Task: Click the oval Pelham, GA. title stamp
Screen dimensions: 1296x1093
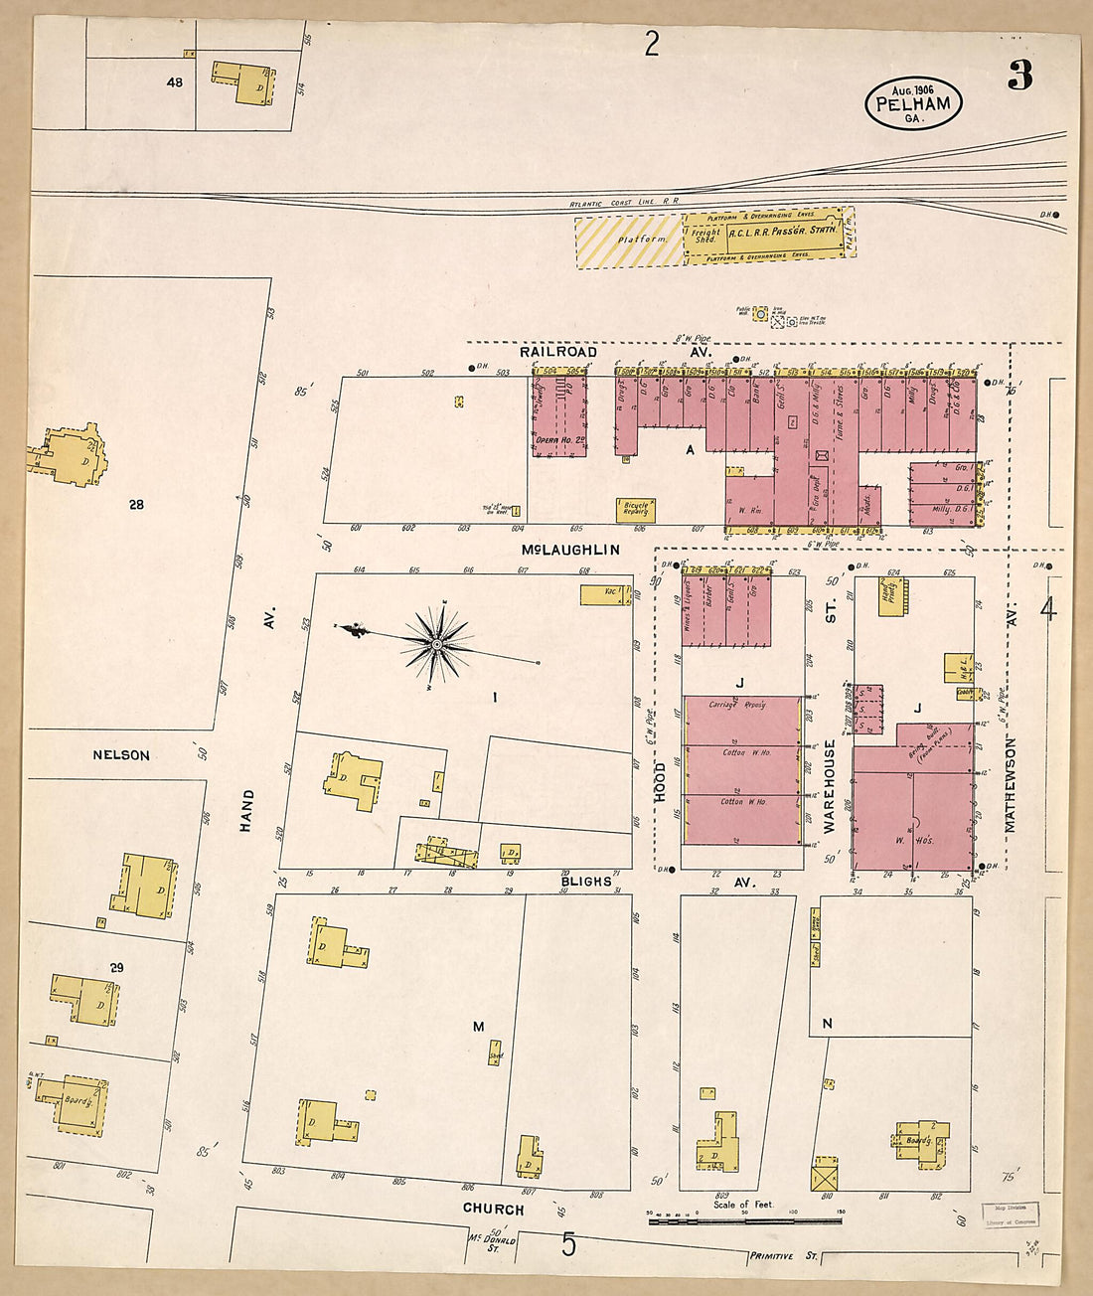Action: point(912,103)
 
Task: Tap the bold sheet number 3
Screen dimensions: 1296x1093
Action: point(1019,77)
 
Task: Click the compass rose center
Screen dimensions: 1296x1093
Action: point(436,645)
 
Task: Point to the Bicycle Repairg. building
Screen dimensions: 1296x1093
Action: point(636,510)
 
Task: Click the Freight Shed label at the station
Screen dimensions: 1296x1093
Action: point(705,235)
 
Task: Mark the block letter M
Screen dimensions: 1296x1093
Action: point(478,1027)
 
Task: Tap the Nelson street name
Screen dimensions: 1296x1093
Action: point(121,755)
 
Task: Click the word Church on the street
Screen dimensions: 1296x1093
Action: point(493,1210)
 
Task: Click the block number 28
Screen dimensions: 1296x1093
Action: point(136,505)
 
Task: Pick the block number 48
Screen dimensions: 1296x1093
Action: point(175,82)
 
